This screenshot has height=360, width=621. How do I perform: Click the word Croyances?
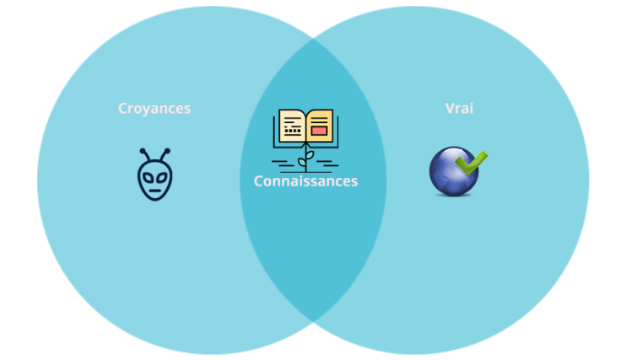coord(154,109)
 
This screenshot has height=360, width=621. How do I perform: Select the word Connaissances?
coord(305,181)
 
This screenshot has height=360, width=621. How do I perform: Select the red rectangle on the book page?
coord(318,131)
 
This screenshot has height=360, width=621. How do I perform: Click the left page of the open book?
coord(292,128)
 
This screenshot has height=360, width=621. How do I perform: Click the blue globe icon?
coord(454,172)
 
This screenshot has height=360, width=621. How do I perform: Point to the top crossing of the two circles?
coord(313,39)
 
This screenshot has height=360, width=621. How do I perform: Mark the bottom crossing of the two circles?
coord(313,321)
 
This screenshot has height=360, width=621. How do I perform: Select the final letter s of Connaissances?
coord(354,181)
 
